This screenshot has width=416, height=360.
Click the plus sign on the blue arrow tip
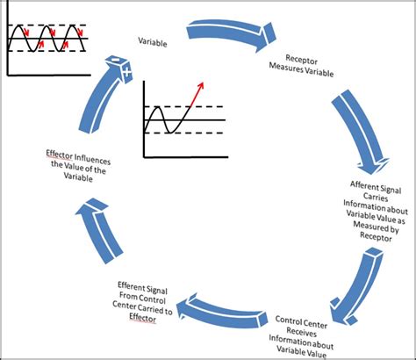128,68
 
